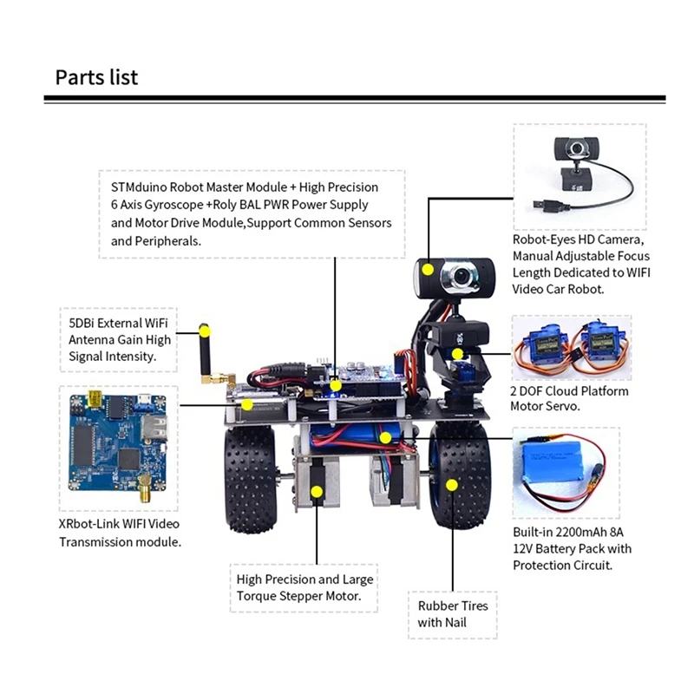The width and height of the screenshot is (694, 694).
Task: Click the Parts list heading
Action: pyautogui.click(x=96, y=77)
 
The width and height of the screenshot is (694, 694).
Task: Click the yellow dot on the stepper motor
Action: pyautogui.click(x=317, y=492)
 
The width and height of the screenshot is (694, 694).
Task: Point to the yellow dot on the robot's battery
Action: pyautogui.click(x=385, y=437)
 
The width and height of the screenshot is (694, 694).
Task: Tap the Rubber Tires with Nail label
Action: pyautogui.click(x=453, y=614)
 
